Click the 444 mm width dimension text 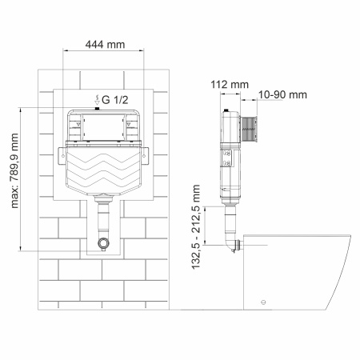pos(105,46)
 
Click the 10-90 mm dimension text pos(283,95)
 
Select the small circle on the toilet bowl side pos(261,303)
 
